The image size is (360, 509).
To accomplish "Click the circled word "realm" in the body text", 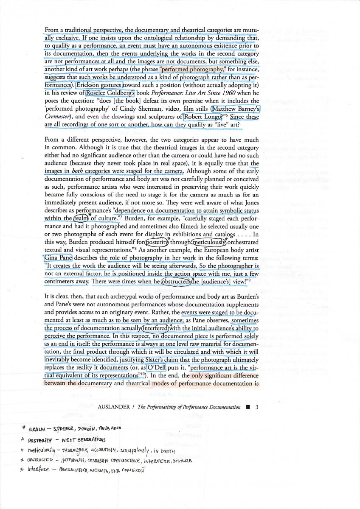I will pyautogui.click(x=80, y=218).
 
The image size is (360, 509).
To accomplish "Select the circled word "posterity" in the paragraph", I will pyautogui.click(x=157, y=242).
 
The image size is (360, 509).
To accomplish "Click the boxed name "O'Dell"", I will pyautogui.click(x=158, y=367).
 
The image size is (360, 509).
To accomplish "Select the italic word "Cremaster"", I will pyautogui.click(x=59, y=117).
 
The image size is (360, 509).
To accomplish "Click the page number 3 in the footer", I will pyautogui.click(x=257, y=407).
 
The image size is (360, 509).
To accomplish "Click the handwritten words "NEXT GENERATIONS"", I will pyautogui.click(x=84, y=438).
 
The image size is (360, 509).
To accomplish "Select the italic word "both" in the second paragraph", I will pyautogui.click(x=77, y=171).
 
